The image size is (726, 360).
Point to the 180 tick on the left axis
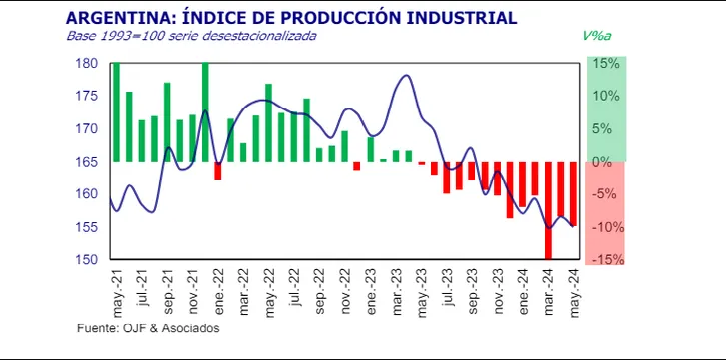87,63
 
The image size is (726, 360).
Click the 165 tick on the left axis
87,161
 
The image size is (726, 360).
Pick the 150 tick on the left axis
87,259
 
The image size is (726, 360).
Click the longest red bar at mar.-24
548,210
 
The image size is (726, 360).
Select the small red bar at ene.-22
218,171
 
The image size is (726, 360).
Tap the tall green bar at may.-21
116,112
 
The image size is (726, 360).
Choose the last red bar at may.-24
573,194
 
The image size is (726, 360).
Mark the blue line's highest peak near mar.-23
406,75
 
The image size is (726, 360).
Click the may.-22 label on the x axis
269,292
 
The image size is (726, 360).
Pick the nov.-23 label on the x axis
497,292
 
